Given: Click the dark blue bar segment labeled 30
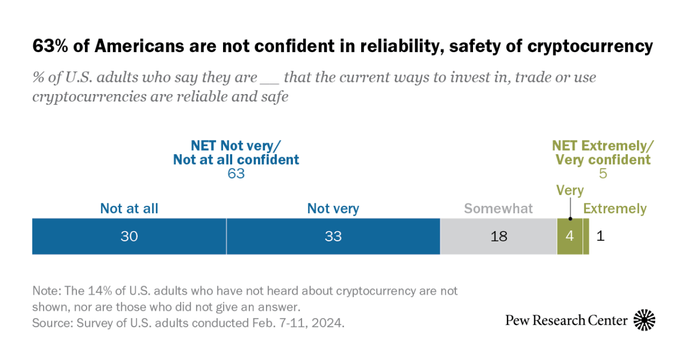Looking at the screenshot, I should point(129,236).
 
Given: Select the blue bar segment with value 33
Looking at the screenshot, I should point(333,236).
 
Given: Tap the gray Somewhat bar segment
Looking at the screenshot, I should point(498,236).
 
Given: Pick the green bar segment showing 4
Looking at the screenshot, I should point(569,236).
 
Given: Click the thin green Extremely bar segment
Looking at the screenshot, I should point(586,236).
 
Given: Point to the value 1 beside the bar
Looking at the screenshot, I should point(600,236).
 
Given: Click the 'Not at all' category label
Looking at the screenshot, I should point(129,209).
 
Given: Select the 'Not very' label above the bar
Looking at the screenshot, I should point(333,209).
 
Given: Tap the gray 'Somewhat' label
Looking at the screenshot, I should point(498,209).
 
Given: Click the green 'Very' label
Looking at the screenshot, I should point(570,190).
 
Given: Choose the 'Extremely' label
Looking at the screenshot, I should point(615,209).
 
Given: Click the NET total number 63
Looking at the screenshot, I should point(236,174).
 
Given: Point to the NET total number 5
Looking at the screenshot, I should point(603,174).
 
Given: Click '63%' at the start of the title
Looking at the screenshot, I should point(48,47).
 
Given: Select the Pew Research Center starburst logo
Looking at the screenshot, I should point(644,320).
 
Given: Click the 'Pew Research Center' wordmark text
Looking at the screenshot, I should point(566,320).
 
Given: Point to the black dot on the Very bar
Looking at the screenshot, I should point(570,218).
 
